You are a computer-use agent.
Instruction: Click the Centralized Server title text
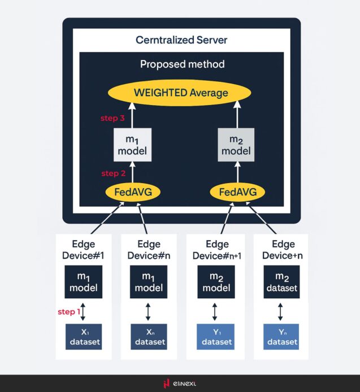click(x=181, y=41)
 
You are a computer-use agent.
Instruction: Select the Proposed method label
click(x=182, y=64)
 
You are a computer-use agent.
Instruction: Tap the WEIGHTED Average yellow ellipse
click(x=181, y=93)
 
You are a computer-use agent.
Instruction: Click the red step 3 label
click(x=112, y=119)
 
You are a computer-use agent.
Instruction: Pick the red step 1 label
click(x=69, y=312)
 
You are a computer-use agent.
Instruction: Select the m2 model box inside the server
click(x=236, y=146)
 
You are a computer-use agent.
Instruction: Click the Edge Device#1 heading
click(x=83, y=250)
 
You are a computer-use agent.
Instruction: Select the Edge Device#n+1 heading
click(x=216, y=250)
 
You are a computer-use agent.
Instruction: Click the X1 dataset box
click(x=84, y=337)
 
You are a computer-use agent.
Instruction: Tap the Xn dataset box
click(x=149, y=337)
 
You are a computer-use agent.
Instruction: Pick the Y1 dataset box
click(x=215, y=337)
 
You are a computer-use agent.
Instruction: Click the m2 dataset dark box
click(x=280, y=281)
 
